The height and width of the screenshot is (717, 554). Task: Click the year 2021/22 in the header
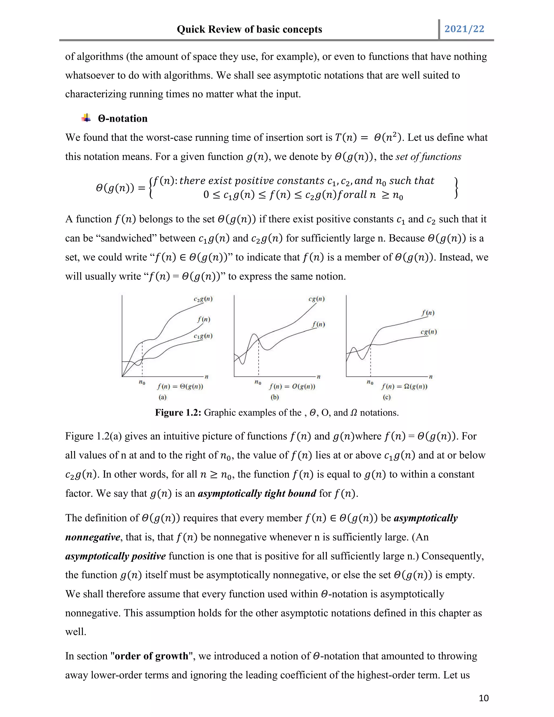(x=464, y=29)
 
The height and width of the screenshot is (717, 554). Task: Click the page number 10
(x=484, y=698)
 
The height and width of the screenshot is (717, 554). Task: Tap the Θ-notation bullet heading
(x=123, y=119)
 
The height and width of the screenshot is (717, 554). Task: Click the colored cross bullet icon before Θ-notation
(x=86, y=118)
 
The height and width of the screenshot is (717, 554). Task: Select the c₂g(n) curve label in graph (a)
(x=203, y=299)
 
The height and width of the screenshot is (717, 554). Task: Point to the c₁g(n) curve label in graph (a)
(x=203, y=336)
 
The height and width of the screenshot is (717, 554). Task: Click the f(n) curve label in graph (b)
(x=318, y=324)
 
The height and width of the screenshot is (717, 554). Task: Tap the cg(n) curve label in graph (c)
(x=429, y=332)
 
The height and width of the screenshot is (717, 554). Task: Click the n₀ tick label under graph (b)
(x=258, y=382)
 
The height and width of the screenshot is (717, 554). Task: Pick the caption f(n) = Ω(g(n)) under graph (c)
(x=404, y=386)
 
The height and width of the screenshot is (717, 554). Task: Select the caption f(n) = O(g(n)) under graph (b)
(x=292, y=386)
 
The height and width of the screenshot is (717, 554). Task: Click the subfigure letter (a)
(x=163, y=397)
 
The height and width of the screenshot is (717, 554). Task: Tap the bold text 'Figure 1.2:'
(x=178, y=413)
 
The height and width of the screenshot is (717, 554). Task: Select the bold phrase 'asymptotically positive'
(x=116, y=556)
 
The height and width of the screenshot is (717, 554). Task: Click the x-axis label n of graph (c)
(x=431, y=377)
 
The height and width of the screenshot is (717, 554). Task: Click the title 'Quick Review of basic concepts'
(x=249, y=29)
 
